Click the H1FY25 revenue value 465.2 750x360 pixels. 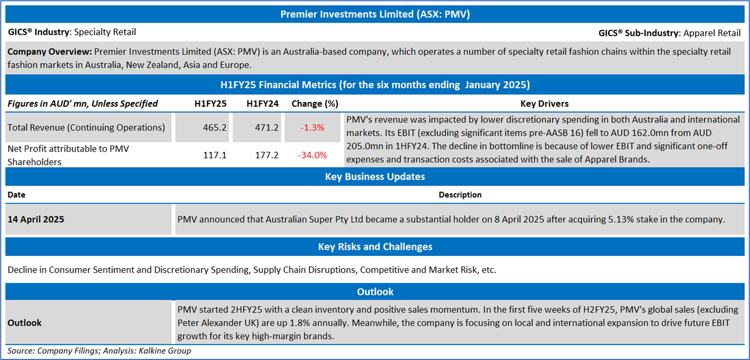214,127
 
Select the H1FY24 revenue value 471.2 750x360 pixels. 266,127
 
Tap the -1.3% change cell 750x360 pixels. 312,127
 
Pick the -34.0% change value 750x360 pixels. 312,155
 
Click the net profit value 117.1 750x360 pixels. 214,155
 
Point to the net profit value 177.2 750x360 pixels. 266,155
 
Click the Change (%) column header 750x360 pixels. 315,104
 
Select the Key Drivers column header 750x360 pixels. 544,104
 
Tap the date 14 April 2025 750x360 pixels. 36,219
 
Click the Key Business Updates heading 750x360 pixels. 375,177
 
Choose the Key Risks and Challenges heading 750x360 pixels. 375,246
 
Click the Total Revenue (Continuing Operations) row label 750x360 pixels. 86,127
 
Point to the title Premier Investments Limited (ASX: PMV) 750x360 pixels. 375,14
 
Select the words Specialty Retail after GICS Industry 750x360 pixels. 105,32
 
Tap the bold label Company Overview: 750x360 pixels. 49,52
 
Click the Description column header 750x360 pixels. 460,195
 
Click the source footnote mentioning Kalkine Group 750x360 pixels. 99,351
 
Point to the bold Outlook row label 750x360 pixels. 24,322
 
